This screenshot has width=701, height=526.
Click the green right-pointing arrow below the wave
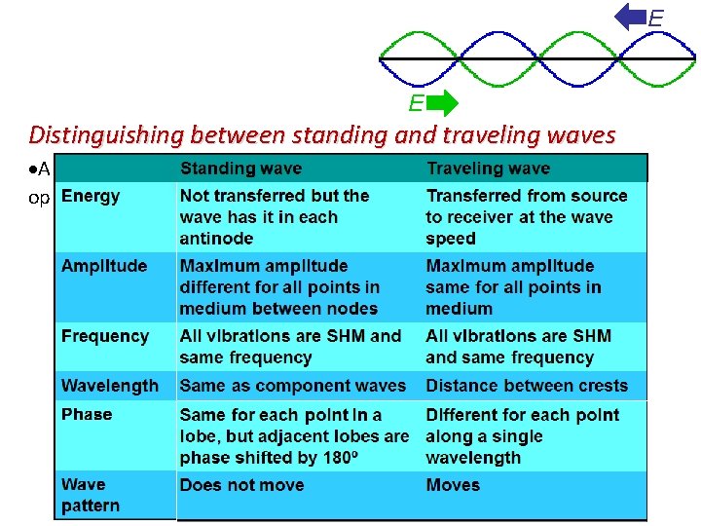click(443, 103)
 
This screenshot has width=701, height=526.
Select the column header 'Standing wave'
click(241, 169)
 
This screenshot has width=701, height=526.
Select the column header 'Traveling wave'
click(488, 169)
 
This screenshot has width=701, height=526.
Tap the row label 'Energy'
click(91, 196)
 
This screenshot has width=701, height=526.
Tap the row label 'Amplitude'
click(104, 266)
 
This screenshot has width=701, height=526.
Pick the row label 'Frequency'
click(105, 336)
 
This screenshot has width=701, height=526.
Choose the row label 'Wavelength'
click(109, 386)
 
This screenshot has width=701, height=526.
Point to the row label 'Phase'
click(87, 414)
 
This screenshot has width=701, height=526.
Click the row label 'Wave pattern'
click(91, 495)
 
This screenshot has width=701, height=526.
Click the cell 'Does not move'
click(241, 485)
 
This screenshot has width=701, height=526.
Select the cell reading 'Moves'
click(453, 485)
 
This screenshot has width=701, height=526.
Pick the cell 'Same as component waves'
click(292, 386)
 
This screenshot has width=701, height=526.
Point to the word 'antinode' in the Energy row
click(216, 239)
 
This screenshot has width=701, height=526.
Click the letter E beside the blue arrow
click(656, 19)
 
